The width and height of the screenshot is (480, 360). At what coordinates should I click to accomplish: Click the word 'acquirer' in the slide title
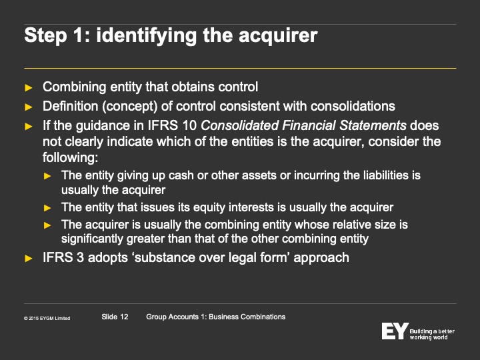[x=278, y=36]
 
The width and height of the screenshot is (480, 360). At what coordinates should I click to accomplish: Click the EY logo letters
[x=395, y=331]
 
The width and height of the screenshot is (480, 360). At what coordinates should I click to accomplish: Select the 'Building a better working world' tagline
[x=432, y=334]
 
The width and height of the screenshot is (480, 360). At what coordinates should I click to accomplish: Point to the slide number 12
[x=124, y=317]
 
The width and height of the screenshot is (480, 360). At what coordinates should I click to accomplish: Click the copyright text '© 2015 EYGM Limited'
[x=47, y=319]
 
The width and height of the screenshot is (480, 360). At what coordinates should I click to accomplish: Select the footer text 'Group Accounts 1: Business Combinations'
[x=216, y=317]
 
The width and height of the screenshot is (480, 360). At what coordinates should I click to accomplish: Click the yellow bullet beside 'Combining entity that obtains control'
[x=29, y=88]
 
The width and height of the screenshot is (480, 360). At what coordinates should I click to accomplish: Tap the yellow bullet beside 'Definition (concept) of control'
[x=29, y=107]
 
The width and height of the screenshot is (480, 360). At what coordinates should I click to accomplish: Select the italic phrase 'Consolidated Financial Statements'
[x=304, y=125]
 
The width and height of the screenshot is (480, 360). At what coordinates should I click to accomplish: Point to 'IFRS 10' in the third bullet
[x=172, y=125]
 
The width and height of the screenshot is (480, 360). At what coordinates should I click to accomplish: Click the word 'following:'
[x=71, y=157]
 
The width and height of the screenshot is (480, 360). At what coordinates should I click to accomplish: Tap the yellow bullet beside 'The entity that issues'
[x=47, y=208]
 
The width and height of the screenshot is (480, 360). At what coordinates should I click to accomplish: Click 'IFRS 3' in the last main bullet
[x=63, y=257]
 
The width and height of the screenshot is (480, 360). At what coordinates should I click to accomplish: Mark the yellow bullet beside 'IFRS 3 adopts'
[x=29, y=259]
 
